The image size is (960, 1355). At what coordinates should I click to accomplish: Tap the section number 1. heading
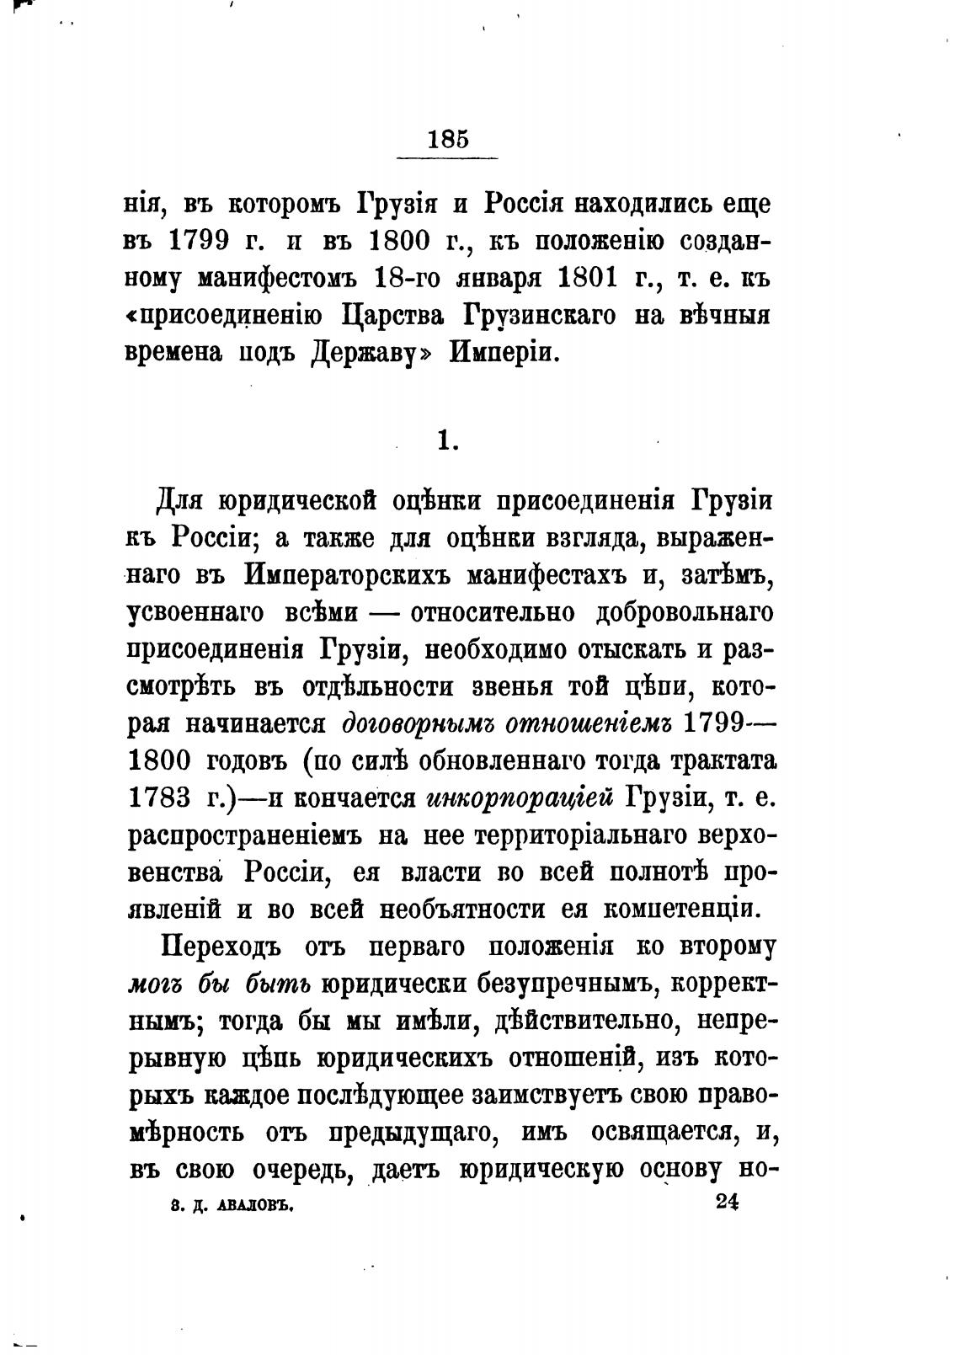[x=447, y=441]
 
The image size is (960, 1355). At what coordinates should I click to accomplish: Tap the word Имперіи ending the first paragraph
[x=504, y=353]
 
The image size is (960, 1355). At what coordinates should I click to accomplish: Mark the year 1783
[x=163, y=798]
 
